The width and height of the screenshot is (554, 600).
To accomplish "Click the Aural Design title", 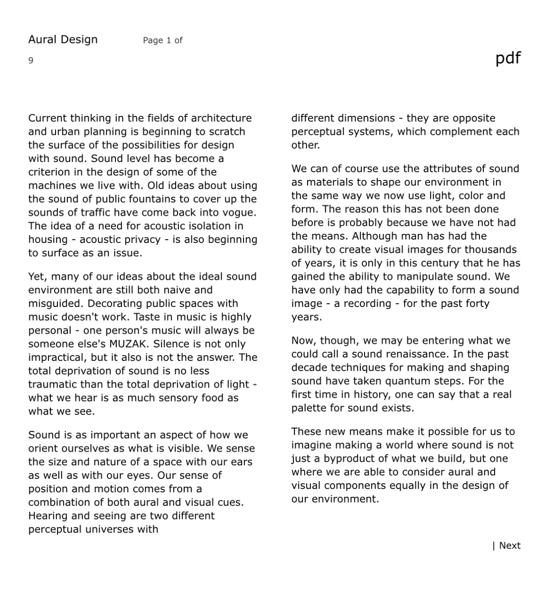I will [63, 39].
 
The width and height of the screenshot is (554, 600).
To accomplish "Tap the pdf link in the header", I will [508, 58].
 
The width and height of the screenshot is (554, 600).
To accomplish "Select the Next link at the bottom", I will [509, 545].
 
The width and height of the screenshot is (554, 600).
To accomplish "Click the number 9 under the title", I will [31, 60].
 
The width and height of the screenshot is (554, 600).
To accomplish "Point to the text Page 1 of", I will [162, 40].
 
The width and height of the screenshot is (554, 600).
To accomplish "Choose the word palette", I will [309, 408].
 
